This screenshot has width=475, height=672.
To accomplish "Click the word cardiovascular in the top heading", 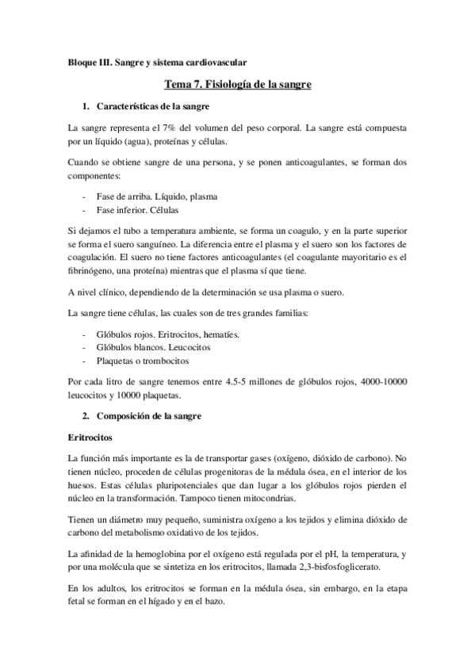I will [213, 61].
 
